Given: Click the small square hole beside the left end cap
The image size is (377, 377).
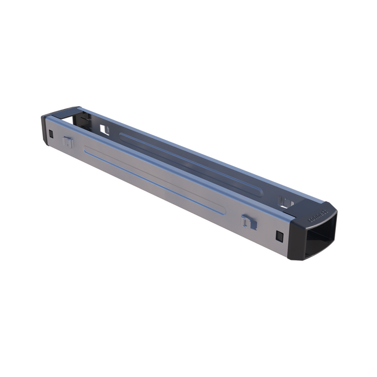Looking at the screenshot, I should point(51,134).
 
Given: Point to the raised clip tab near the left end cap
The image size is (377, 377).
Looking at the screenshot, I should point(68,141).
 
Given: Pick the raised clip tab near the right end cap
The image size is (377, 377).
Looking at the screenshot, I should point(247,220).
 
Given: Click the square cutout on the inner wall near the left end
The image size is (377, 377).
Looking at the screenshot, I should point(104,129).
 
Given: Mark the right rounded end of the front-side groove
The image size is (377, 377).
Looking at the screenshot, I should point(220,208).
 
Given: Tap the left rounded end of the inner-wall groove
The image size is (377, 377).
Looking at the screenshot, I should point(123,135).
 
